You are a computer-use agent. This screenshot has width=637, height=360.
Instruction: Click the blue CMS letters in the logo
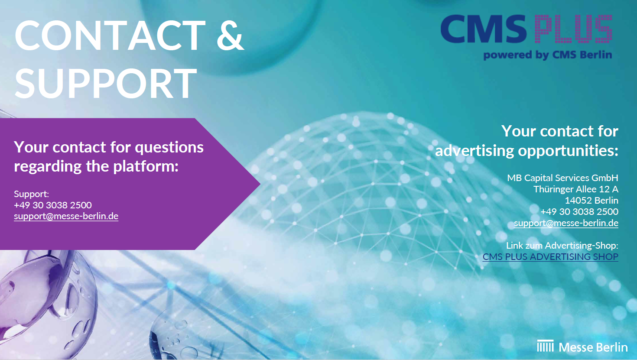pyautogui.click(x=484, y=29)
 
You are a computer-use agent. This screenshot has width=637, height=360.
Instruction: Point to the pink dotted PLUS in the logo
pyautogui.click(x=573, y=29)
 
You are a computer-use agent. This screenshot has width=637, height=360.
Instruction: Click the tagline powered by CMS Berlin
pyautogui.click(x=548, y=55)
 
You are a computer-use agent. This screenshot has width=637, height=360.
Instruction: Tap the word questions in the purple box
pyautogui.click(x=169, y=148)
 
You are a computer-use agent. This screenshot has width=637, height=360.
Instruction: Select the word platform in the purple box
pyautogui.click(x=146, y=166)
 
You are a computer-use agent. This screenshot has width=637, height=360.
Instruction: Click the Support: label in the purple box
pyautogui.click(x=31, y=194)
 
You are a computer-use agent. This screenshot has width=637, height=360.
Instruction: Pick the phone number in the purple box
pyautogui.click(x=53, y=205)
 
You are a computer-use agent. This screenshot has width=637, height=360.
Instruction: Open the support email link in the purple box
pyautogui.click(x=66, y=217)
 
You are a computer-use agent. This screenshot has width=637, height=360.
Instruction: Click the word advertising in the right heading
pyautogui.click(x=474, y=151)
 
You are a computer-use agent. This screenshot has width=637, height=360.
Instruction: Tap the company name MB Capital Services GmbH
pyautogui.click(x=562, y=178)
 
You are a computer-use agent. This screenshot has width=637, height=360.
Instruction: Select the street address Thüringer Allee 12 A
pyautogui.click(x=576, y=189)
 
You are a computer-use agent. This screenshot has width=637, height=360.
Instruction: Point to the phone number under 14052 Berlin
pyautogui.click(x=579, y=211)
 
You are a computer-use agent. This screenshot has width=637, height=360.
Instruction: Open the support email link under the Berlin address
pyautogui.click(x=566, y=223)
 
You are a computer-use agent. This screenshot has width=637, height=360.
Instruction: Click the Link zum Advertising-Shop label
pyautogui.click(x=562, y=245)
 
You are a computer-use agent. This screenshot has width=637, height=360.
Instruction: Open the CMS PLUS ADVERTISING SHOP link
pyautogui.click(x=550, y=257)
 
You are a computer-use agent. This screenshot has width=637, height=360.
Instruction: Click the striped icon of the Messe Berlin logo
pyautogui.click(x=545, y=346)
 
